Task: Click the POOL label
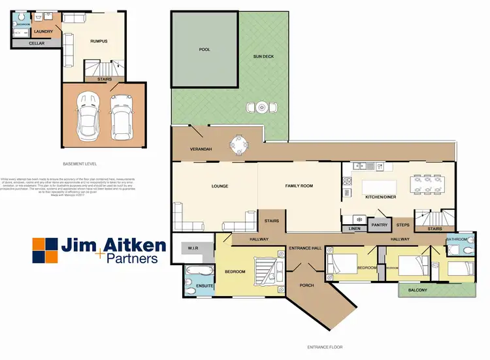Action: pos(204,49)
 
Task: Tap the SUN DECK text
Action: pos(263,57)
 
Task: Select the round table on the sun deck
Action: pos(261,106)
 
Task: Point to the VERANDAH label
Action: pos(201,150)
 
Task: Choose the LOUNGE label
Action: pos(220,186)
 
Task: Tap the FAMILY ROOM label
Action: pos(299,186)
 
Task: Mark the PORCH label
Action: pos(306,285)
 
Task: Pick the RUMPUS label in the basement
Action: pos(99,41)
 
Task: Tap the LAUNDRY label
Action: pos(44,31)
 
